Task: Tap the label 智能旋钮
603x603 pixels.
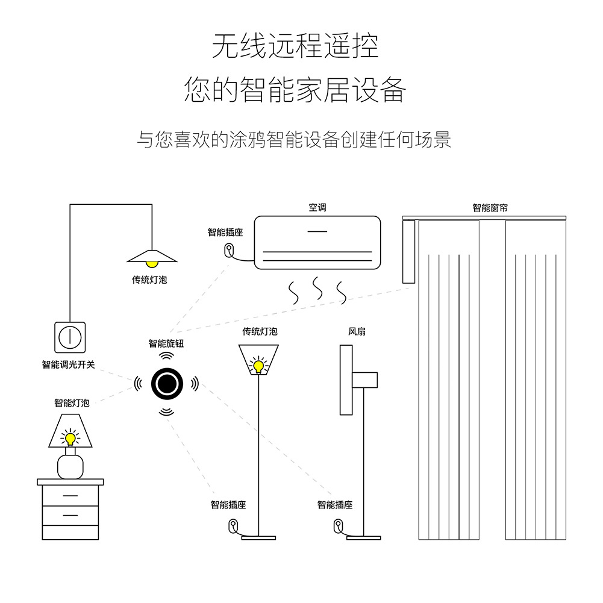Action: (x=166, y=343)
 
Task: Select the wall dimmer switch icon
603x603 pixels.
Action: (x=70, y=337)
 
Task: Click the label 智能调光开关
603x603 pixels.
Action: (x=68, y=364)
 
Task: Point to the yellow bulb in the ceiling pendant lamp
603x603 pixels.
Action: (x=152, y=263)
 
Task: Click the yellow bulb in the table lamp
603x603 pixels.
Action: (x=70, y=438)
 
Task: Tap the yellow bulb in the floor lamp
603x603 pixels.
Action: (x=258, y=366)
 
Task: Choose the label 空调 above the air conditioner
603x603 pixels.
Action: (x=317, y=208)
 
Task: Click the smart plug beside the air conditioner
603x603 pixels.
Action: (x=230, y=249)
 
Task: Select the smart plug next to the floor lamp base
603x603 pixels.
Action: (x=233, y=525)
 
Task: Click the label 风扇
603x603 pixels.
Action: (x=357, y=331)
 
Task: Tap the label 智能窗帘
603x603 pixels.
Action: (x=490, y=208)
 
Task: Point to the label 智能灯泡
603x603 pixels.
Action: (x=72, y=403)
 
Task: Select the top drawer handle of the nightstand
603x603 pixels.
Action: (x=70, y=496)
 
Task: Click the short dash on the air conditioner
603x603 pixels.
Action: (x=317, y=231)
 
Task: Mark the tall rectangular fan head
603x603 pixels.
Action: (x=346, y=380)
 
